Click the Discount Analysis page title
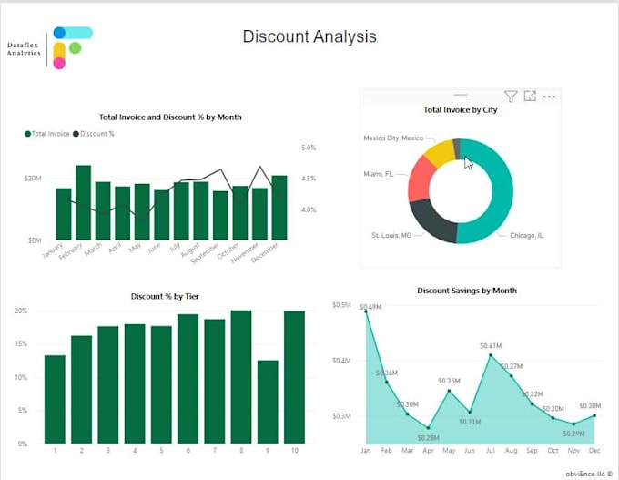coord(309,37)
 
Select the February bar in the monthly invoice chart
coord(83,202)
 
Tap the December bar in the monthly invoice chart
coord(279,208)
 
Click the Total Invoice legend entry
coord(50,134)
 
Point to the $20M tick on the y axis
coord(33,179)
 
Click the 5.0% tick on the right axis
coord(308,148)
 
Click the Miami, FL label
coord(379,174)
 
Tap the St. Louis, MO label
coord(391,235)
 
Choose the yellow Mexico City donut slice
coord(438,153)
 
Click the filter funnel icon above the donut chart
coord(511,96)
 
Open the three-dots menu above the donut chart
coord(549,96)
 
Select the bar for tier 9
coord(267,402)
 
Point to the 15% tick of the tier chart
coord(20,344)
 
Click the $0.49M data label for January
coord(370,307)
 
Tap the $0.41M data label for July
coord(491,346)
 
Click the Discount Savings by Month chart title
coord(466,291)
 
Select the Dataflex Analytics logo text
coord(24,49)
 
